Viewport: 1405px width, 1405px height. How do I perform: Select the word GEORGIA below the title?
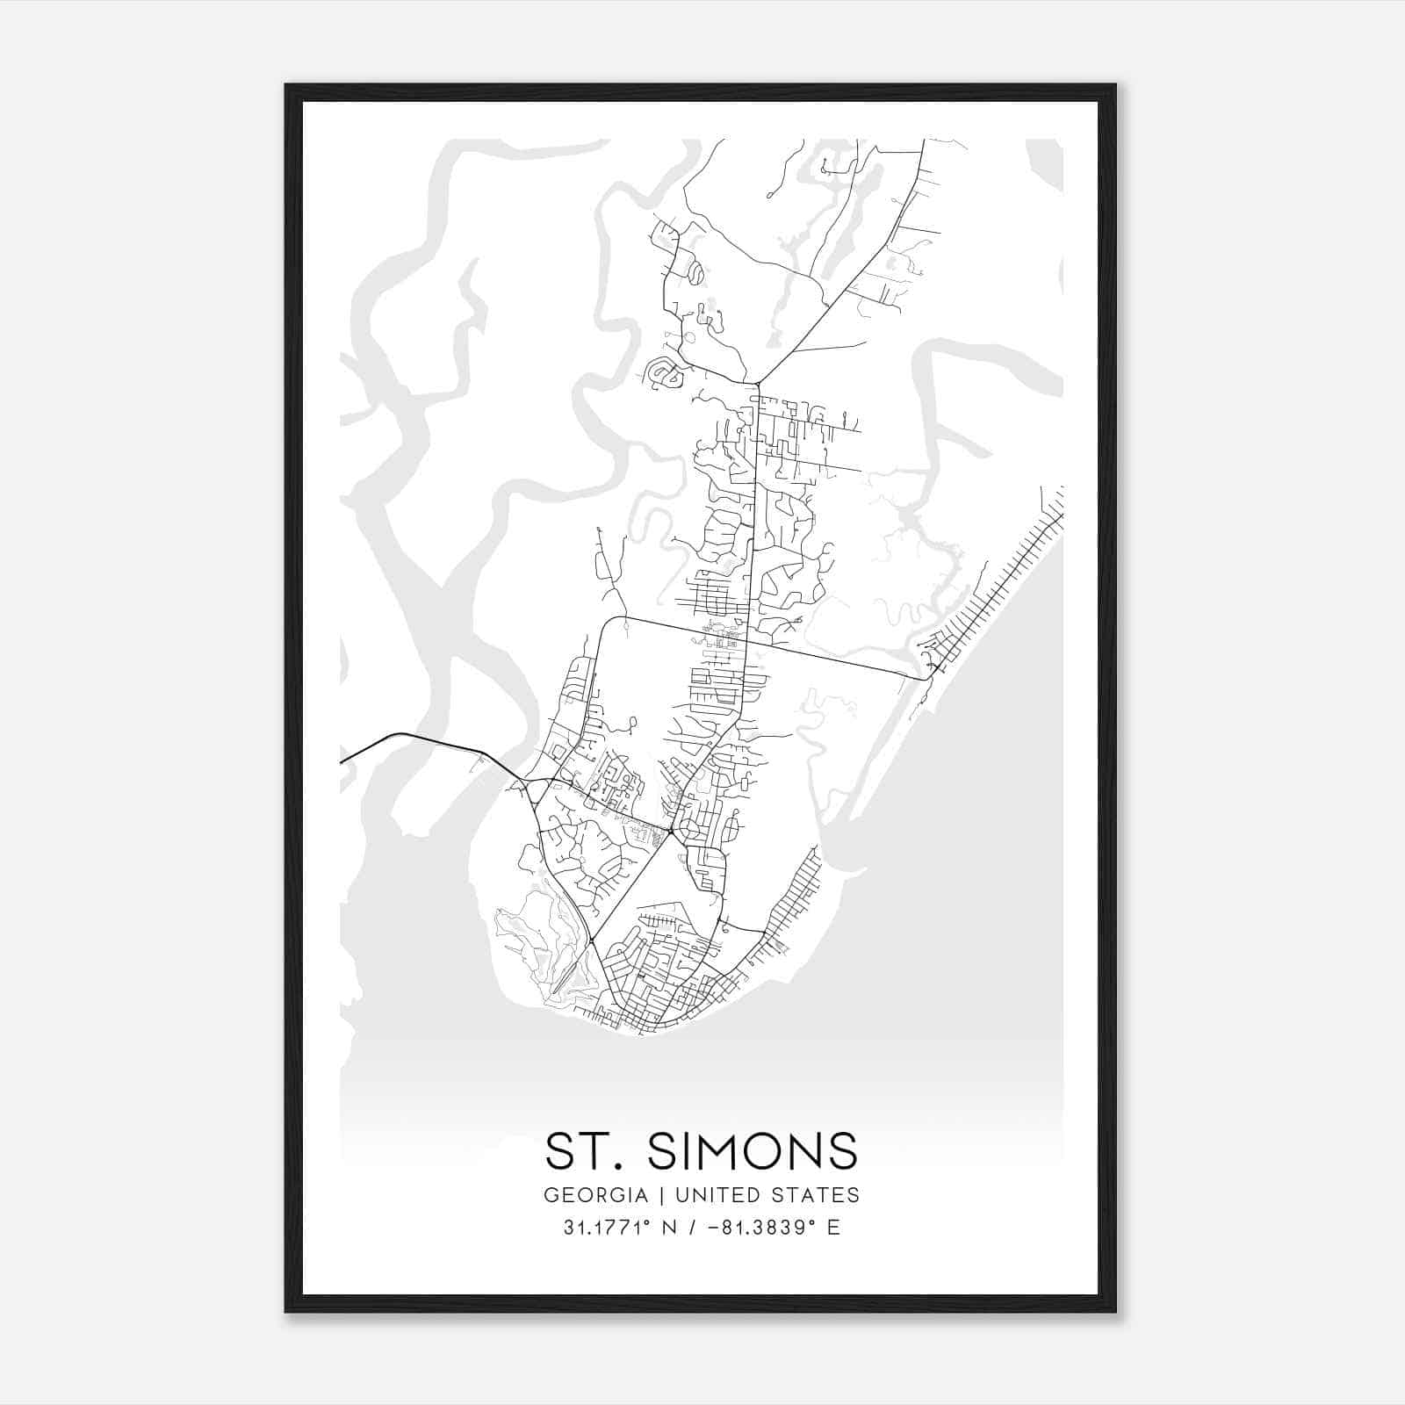[595, 1195]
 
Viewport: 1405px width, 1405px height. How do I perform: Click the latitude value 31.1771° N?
[620, 1227]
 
